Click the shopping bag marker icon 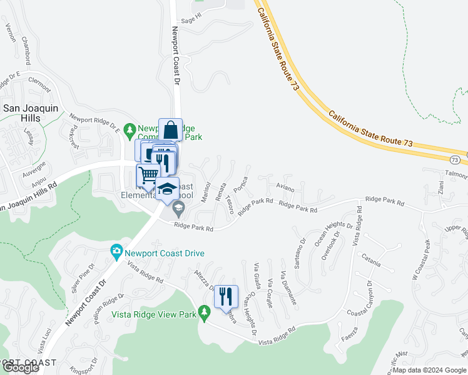[170, 130]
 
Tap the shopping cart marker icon [148, 176]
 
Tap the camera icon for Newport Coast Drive [116, 252]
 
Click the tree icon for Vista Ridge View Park [203, 312]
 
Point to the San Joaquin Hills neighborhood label [31, 113]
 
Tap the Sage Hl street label [188, 20]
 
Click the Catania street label [370, 263]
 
